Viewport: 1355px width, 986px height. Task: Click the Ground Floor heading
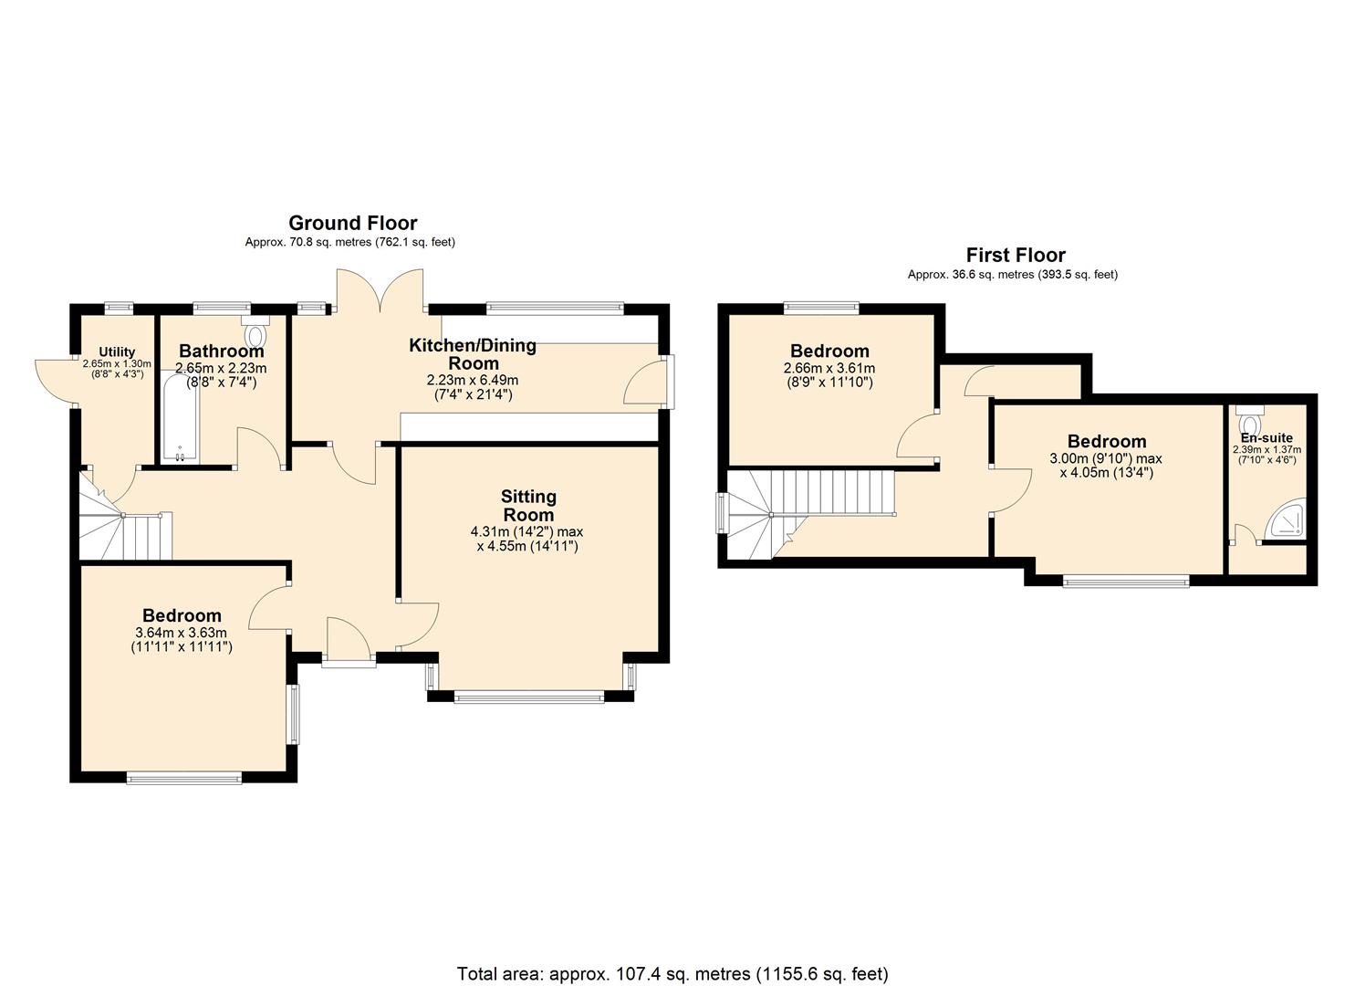pyautogui.click(x=352, y=223)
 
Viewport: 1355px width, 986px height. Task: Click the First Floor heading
pyautogui.click(x=1015, y=255)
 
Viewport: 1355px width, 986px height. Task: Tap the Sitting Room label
pyautogui.click(x=528, y=505)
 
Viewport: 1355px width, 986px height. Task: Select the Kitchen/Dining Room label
pyautogui.click(x=472, y=353)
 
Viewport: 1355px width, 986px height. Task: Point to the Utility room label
pyautogui.click(x=117, y=352)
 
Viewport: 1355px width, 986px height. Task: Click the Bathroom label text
pyautogui.click(x=221, y=351)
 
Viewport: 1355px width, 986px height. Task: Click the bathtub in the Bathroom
pyautogui.click(x=180, y=422)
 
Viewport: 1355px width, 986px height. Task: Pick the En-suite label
pyautogui.click(x=1266, y=438)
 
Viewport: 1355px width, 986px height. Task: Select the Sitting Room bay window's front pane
pyautogui.click(x=528, y=698)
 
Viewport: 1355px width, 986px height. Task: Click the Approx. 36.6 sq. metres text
pyautogui.click(x=1012, y=274)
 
